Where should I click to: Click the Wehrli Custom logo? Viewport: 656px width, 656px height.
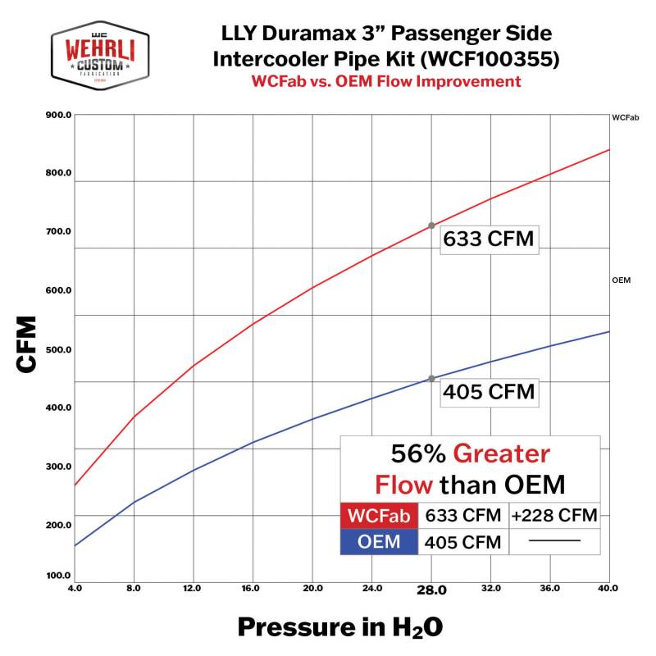tap(100, 57)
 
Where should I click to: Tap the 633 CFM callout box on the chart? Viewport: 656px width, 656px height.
tap(488, 239)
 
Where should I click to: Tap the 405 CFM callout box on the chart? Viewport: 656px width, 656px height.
tap(488, 392)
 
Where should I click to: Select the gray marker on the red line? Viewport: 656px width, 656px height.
tap(431, 225)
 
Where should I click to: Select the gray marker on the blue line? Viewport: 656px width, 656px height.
tap(431, 379)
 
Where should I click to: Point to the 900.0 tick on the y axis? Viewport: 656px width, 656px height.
tap(58, 115)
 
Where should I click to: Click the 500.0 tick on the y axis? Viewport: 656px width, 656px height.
tap(58, 349)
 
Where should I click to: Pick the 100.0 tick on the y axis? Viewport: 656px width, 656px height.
tap(58, 576)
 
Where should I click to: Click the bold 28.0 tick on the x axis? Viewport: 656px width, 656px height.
tap(431, 590)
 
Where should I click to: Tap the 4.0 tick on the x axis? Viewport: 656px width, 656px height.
tap(75, 589)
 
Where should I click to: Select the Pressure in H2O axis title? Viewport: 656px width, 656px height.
tap(339, 627)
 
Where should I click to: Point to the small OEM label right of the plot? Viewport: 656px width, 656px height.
tap(620, 280)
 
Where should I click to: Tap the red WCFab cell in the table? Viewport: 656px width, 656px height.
tap(379, 516)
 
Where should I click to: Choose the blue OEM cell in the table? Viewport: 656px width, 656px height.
tap(379, 541)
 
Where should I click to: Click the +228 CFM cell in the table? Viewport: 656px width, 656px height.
tap(554, 516)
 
